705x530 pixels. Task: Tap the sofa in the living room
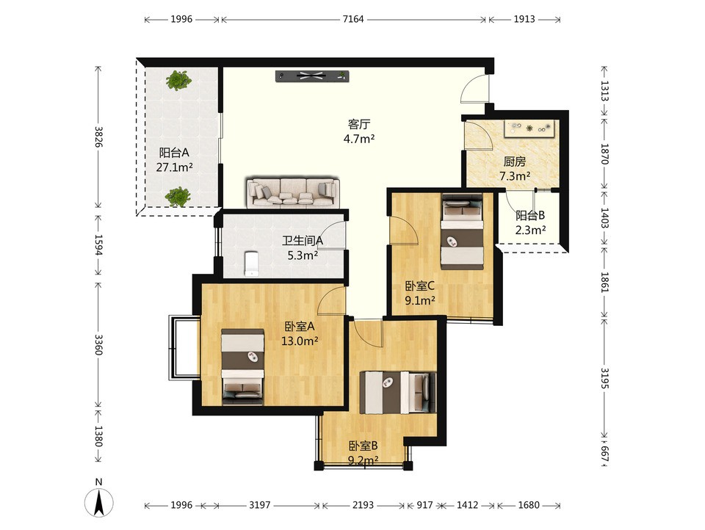293,193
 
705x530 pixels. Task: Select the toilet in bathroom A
252,264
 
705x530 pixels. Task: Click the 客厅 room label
359,124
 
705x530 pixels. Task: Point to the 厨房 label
514,161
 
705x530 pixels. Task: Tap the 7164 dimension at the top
353,19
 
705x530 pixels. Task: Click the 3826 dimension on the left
98,137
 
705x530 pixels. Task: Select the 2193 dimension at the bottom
363,505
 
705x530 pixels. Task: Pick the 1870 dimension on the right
604,154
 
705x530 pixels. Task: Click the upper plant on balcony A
178,80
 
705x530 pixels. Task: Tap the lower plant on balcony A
177,197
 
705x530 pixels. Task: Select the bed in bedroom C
462,231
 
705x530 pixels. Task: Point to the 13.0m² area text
300,341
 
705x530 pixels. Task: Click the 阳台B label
530,215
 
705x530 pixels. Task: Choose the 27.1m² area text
175,167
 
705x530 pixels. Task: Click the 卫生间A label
303,241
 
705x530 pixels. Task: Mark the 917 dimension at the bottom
424,505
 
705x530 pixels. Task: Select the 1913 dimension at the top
524,19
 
